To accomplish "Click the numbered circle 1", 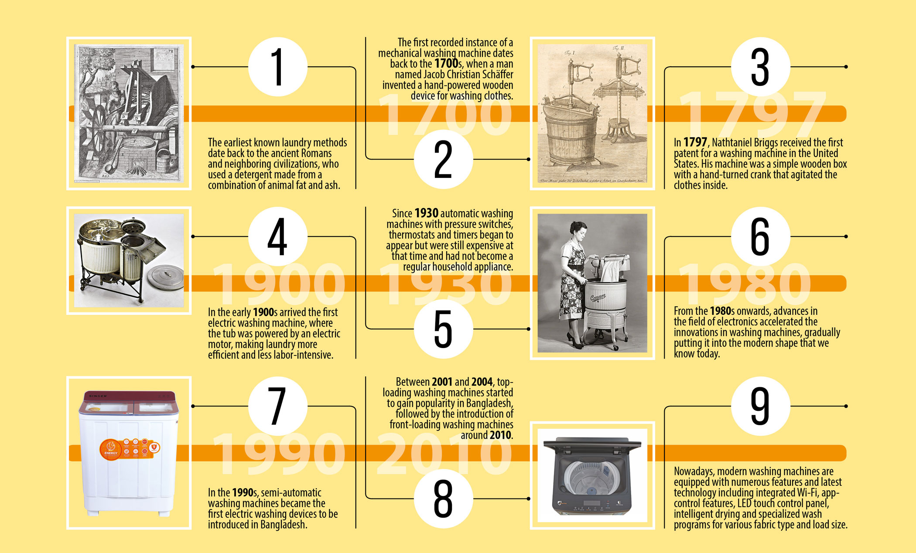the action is coord(278,67).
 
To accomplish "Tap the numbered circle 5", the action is coord(443,329).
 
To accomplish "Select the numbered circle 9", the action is coord(760,406).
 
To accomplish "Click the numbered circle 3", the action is coord(760,67).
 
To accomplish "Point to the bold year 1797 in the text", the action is coord(695,142).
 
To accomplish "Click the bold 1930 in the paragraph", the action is coord(426,213).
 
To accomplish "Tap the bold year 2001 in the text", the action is coord(442,382).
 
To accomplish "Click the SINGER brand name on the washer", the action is coord(98,396).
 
